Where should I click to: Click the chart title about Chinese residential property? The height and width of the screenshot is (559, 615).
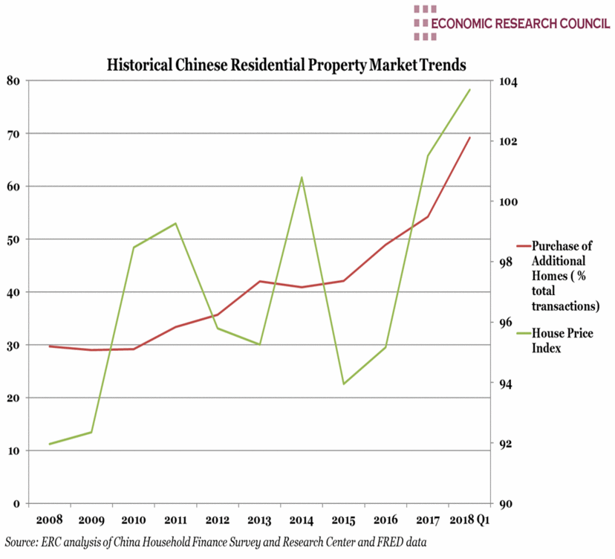pyautogui.click(x=286, y=65)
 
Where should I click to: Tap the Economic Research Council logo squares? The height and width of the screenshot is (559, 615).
pyautogui.click(x=425, y=22)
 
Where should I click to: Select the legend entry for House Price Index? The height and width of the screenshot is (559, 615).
pyautogui.click(x=562, y=340)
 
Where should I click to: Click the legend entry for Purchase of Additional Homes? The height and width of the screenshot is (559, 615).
pyautogui.click(x=565, y=275)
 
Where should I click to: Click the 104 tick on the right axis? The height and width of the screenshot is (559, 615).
pyautogui.click(x=507, y=81)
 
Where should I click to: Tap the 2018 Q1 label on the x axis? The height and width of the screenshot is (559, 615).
pyautogui.click(x=469, y=518)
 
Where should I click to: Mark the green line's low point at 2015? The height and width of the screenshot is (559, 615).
pyautogui.click(x=344, y=384)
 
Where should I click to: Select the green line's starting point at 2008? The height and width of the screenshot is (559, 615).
pyautogui.click(x=49, y=444)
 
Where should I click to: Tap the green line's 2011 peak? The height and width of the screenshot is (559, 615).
pyautogui.click(x=175, y=223)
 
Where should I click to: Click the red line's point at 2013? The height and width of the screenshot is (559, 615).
pyautogui.click(x=259, y=281)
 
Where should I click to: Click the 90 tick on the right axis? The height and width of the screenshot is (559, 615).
pyautogui.click(x=505, y=504)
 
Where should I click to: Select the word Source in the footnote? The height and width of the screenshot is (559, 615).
pyautogui.click(x=22, y=541)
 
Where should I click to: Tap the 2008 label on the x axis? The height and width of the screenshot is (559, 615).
pyautogui.click(x=49, y=518)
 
